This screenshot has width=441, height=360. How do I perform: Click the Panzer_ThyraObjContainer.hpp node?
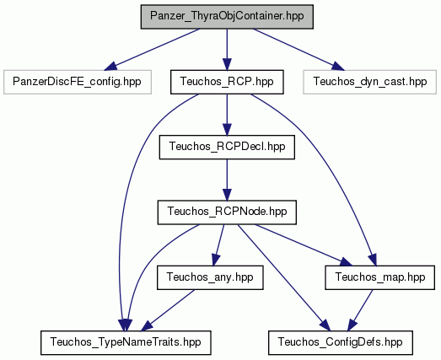[x=227, y=17]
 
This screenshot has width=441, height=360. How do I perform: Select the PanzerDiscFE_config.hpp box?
[x=78, y=82]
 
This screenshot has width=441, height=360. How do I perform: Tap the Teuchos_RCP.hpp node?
[x=227, y=82]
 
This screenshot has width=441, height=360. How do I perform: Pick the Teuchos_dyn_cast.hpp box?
[x=370, y=82]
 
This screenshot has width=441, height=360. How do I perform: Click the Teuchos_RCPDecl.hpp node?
[x=227, y=147]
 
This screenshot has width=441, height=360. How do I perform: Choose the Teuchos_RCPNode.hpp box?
[x=227, y=212]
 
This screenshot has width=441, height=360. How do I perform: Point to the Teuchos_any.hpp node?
[x=210, y=277]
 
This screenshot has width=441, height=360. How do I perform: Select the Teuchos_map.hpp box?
[x=379, y=277]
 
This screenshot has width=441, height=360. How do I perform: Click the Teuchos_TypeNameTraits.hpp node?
[x=126, y=343]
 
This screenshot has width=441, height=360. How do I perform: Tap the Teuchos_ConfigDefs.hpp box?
[x=341, y=343]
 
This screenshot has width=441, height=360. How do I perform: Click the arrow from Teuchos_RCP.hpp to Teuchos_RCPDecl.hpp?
[x=227, y=115]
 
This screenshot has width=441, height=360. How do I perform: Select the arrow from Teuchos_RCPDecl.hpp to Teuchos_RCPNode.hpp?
[x=227, y=180]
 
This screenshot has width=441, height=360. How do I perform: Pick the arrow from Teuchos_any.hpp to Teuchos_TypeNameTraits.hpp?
[x=168, y=310]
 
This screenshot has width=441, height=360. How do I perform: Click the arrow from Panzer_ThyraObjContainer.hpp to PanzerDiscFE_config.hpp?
[x=152, y=49]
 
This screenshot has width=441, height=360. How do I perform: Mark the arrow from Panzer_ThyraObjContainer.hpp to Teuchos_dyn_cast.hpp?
[x=298, y=49]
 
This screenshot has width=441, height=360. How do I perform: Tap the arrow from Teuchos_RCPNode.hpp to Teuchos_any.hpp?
[x=218, y=245]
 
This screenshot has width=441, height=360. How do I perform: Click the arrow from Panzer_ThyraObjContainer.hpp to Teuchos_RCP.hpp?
[x=227, y=49]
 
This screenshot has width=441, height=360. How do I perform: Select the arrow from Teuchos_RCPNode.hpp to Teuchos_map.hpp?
[x=304, y=244]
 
